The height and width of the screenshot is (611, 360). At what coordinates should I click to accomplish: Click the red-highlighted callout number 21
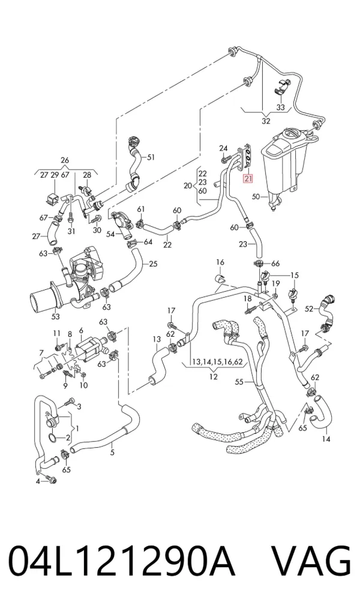248,179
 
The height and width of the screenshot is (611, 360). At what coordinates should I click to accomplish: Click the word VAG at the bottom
311,561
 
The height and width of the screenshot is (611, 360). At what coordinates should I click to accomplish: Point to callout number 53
55,316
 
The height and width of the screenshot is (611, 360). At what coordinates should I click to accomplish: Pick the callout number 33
281,107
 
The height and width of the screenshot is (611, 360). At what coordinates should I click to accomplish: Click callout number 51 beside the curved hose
151,157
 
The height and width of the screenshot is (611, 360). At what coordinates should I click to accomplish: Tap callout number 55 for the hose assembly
239,382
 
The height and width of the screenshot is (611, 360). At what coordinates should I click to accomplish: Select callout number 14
326,439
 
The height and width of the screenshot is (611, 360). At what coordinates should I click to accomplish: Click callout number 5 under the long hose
112,453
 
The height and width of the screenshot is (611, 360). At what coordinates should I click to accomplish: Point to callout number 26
65,160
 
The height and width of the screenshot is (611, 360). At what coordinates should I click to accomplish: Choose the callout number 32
266,121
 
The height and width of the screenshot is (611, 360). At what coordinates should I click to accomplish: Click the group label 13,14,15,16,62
216,362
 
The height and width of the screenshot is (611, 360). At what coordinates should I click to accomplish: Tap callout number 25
153,264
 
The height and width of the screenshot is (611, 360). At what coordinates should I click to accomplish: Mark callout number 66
275,264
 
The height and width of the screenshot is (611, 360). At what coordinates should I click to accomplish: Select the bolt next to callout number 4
51,480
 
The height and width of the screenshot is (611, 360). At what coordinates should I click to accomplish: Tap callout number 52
309,309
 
